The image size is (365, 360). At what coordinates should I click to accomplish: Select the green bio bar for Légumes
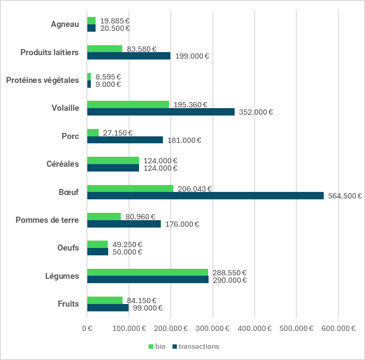[x=148, y=272]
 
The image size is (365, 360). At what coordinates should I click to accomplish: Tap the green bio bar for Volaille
[x=128, y=104]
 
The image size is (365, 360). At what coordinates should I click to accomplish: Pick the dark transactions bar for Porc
[x=125, y=140]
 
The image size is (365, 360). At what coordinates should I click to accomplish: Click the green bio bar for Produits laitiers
[x=105, y=49]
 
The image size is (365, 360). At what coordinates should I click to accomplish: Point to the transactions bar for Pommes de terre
[x=124, y=224]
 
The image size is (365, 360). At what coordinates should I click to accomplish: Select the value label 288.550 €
[x=229, y=273]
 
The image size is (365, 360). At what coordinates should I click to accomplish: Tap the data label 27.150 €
[x=118, y=133]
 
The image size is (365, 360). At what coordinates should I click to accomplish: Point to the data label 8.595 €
[x=108, y=77]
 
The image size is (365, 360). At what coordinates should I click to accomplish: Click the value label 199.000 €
[x=192, y=56]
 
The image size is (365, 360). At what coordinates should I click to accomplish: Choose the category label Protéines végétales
[x=43, y=80]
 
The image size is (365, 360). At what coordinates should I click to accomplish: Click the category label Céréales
[x=63, y=164]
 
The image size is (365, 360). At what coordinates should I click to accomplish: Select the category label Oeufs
[x=68, y=248]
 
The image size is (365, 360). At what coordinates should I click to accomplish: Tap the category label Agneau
[x=65, y=24]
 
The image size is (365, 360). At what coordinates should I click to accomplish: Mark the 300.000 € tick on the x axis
[x=212, y=328]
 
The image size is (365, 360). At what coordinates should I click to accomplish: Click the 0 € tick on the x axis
[x=87, y=328]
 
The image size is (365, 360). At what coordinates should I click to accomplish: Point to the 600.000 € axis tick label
[x=338, y=328]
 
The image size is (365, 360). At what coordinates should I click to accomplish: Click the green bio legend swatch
[x=151, y=347]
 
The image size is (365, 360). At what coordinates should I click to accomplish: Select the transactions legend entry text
[x=199, y=347]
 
